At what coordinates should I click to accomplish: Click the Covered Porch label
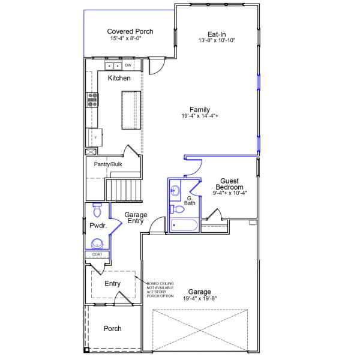130,31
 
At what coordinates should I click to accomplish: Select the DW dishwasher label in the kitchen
128,65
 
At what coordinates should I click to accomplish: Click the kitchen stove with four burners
93,100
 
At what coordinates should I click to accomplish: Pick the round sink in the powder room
97,243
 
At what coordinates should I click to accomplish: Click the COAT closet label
97,254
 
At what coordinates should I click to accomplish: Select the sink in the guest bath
175,192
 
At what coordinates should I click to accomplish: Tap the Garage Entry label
136,218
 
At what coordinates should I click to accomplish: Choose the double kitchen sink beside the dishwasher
113,65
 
